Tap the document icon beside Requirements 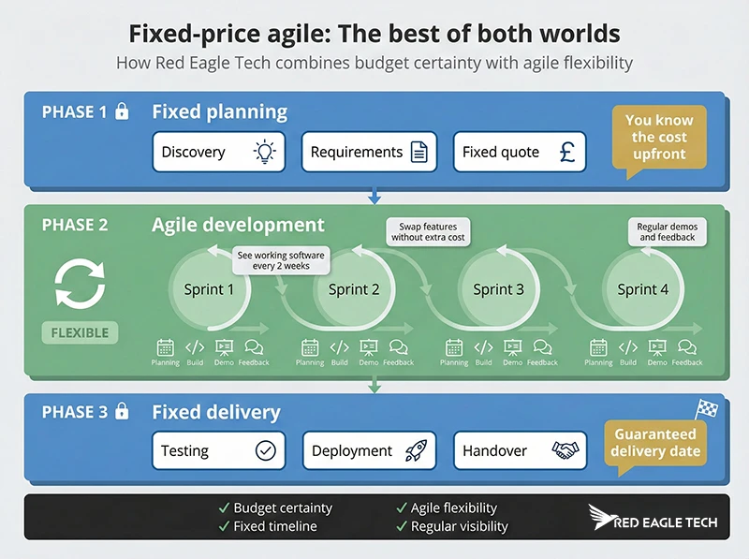tap(419, 153)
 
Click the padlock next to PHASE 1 tap(122, 112)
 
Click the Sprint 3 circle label tap(499, 289)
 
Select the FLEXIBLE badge tap(80, 332)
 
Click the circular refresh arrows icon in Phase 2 tap(80, 284)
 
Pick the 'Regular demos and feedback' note tap(667, 232)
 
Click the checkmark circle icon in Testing tap(266, 450)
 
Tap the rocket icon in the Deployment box tap(416, 450)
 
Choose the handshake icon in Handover tap(565, 450)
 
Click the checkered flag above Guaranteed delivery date tap(707, 409)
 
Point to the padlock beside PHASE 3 tap(122, 411)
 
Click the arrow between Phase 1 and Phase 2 tap(374, 196)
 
